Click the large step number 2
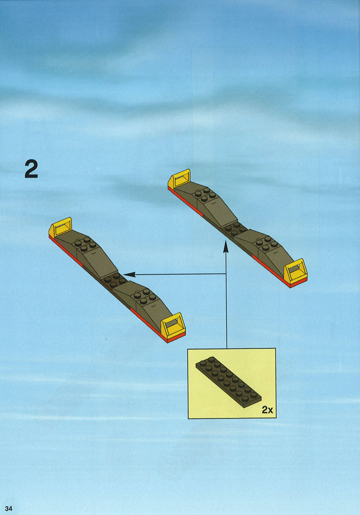pyautogui.click(x=32, y=169)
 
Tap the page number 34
pyautogui.click(x=9, y=508)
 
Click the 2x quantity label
pyautogui.click(x=267, y=409)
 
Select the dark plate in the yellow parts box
pyautogui.click(x=228, y=382)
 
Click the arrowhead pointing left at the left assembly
pyautogui.click(x=129, y=274)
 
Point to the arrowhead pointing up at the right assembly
pyautogui.click(x=226, y=247)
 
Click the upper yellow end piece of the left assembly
pyautogui.click(x=60, y=227)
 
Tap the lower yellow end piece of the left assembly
pyautogui.click(x=173, y=326)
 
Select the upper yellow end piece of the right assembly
pyautogui.click(x=179, y=179)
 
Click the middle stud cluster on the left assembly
pyautogui.click(x=114, y=280)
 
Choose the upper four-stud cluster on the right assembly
pyautogui.click(x=205, y=194)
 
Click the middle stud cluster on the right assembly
pyautogui.click(x=235, y=228)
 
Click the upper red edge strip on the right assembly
pyautogui.click(x=185, y=202)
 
